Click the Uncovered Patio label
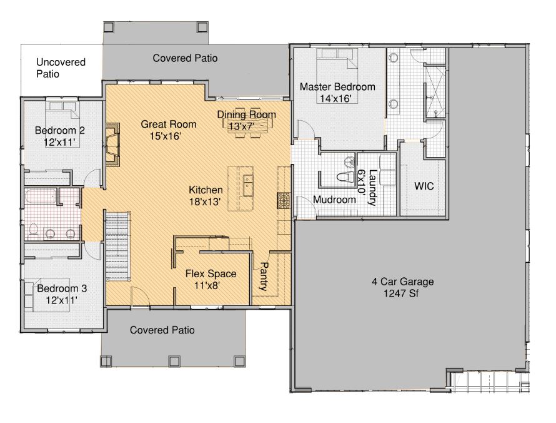coord(61,68)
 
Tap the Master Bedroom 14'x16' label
coord(337,93)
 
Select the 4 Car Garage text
coord(403,282)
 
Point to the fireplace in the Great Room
coord(112,145)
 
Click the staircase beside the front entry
coord(117,246)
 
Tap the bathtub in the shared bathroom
coord(41,196)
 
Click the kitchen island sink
coord(248,185)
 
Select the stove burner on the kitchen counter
coord(284,201)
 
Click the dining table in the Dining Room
coord(248,122)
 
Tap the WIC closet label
coord(424,186)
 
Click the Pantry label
coord(264,277)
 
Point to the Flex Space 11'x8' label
coord(211,280)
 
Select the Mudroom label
coord(334,200)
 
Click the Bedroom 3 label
coord(62,288)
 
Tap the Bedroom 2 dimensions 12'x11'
coord(59,143)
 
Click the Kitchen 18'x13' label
coord(206,196)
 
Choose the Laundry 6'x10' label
coord(367,187)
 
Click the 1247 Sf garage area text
coord(400,293)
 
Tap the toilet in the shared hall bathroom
coord(34,231)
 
